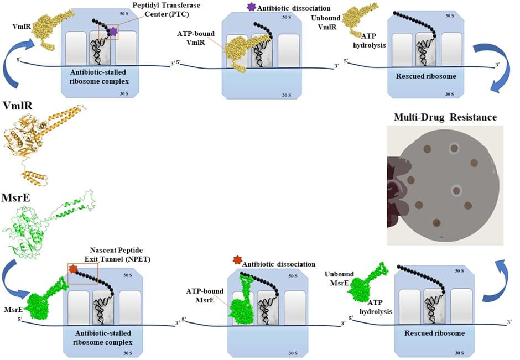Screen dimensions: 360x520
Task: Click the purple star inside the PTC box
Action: click(113, 32)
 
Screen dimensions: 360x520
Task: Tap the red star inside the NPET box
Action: click(72, 269)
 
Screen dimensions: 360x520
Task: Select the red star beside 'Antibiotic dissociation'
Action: click(237, 259)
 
